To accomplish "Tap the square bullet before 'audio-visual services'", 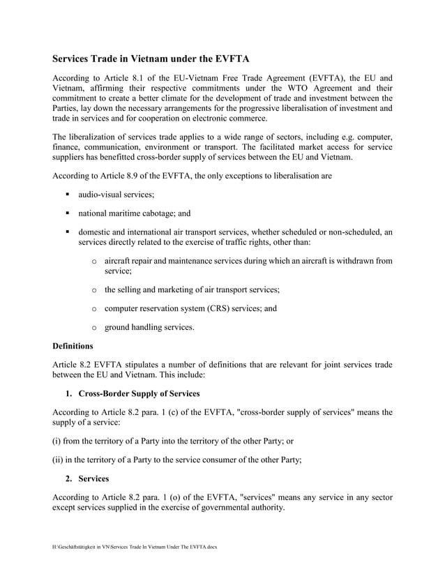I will pos(70,196).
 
